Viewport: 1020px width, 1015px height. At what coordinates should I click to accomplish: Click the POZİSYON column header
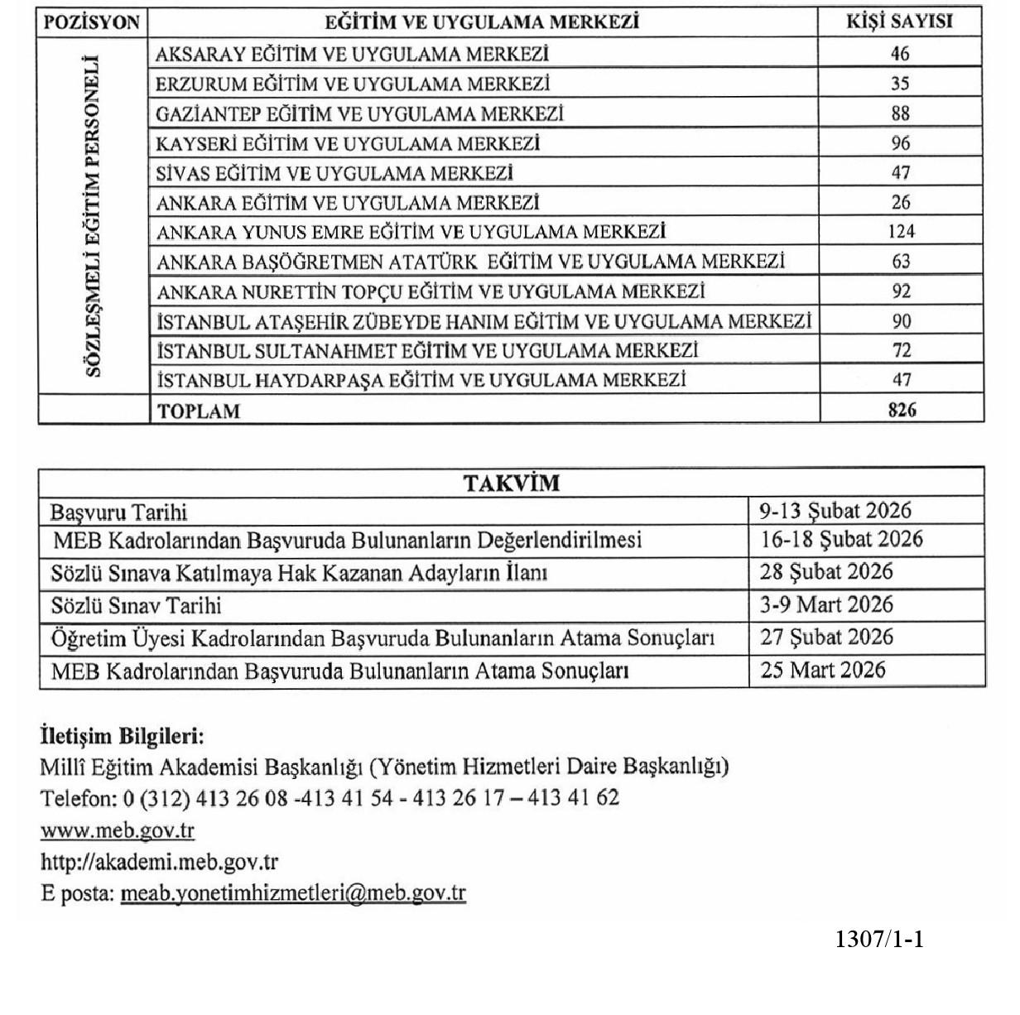91,22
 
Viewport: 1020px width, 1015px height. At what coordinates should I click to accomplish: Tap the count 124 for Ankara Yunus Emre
900,232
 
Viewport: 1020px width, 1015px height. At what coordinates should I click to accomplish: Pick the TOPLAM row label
199,411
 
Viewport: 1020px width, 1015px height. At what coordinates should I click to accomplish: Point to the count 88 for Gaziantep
900,113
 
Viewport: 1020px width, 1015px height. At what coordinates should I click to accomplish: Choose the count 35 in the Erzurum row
900,84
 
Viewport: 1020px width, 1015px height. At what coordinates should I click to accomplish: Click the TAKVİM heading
511,483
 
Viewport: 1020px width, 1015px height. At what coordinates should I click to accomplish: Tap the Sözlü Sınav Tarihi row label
136,606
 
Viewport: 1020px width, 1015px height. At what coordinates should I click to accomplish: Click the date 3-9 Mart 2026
826,604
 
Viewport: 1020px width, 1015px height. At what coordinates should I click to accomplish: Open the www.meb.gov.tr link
117,830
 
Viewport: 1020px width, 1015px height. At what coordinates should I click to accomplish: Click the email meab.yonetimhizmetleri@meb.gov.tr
293,894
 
